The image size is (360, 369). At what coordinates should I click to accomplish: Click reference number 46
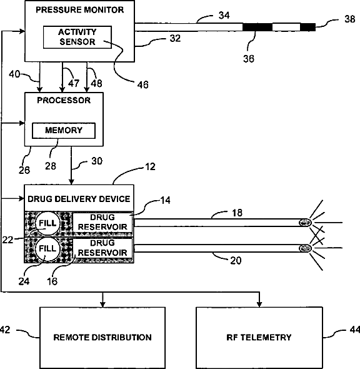(x=143, y=84)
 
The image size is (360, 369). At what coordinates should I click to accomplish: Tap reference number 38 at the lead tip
(x=349, y=19)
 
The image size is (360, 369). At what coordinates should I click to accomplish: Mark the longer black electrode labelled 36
(x=257, y=27)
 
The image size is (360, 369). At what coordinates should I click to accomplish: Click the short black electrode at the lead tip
(x=307, y=27)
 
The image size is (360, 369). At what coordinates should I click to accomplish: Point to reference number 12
(x=151, y=166)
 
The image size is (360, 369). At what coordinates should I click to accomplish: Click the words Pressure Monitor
(x=80, y=10)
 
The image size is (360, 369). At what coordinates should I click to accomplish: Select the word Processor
(x=64, y=101)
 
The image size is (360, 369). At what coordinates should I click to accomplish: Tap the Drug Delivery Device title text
(x=79, y=199)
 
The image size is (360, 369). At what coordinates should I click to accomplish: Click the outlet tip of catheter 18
(x=305, y=223)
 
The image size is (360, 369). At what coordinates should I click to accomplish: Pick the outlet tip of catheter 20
(x=305, y=248)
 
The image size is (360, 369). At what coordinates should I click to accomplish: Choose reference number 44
(x=355, y=330)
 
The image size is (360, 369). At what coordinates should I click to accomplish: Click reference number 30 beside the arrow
(x=97, y=161)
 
